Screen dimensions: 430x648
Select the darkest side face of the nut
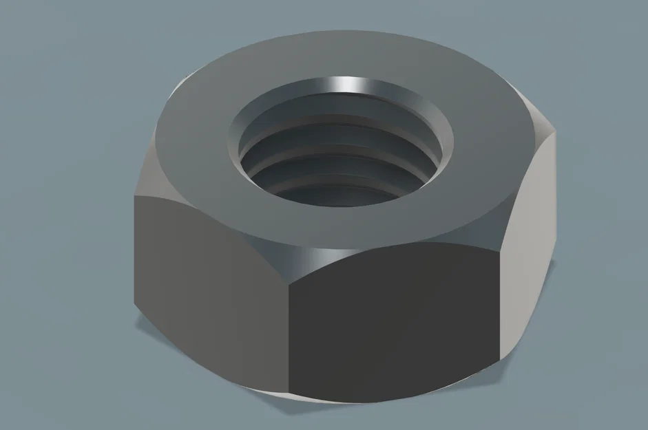(x=393, y=323)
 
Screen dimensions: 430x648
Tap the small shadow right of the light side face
(x=513, y=368)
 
